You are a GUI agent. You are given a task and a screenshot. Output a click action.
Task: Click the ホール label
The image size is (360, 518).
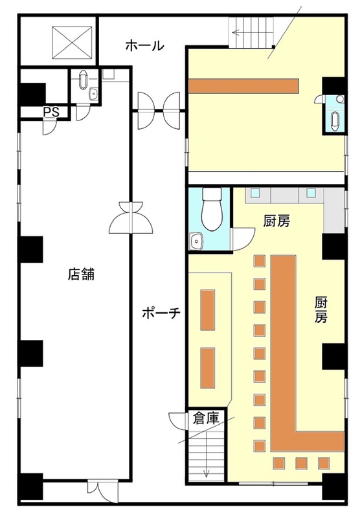click(144, 45)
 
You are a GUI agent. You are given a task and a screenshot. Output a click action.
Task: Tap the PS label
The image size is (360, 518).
click(51, 112)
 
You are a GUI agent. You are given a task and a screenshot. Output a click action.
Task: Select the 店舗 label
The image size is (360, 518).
click(81, 274)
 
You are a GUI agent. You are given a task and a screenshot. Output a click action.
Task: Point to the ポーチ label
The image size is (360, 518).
click(161, 313)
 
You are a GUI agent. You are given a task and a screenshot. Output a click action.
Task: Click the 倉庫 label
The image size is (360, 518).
click(206, 418)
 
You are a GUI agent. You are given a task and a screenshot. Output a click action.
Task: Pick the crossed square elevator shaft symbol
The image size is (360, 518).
click(72, 43)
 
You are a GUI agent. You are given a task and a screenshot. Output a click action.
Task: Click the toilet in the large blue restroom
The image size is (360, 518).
click(212, 209)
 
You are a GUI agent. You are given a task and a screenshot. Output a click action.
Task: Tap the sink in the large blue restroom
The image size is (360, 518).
click(197, 241)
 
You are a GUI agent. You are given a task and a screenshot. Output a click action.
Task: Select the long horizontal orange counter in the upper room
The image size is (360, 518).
click(243, 86)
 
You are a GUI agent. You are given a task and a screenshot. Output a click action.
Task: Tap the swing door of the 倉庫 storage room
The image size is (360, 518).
click(177, 420)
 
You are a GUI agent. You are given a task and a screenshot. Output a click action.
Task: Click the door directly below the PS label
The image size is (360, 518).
click(50, 128)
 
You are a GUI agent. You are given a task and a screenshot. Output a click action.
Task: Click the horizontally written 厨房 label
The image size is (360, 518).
click(276, 221)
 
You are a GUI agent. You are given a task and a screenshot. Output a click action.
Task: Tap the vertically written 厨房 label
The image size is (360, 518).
click(321, 310)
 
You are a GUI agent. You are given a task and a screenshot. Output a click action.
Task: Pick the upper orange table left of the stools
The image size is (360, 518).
click(208, 310)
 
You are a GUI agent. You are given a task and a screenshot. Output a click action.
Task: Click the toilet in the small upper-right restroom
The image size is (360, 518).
click(335, 120)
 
